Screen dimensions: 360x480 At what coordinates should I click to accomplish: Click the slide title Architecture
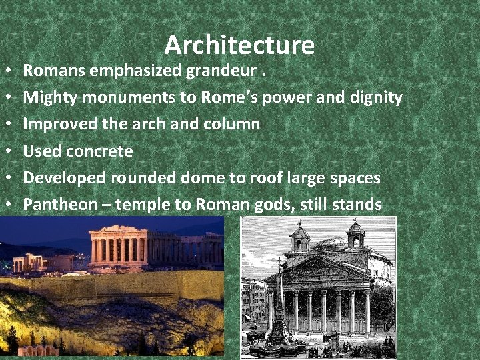[239, 45]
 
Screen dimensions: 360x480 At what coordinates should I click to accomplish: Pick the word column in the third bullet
[235, 124]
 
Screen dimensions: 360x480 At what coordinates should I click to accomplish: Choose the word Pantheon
[60, 204]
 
